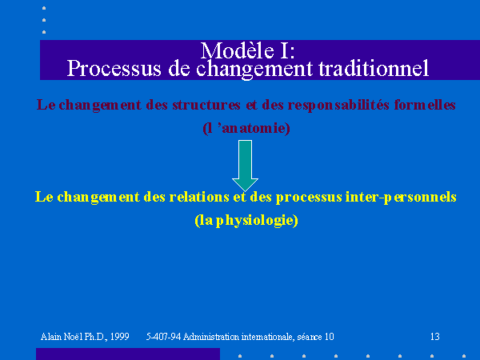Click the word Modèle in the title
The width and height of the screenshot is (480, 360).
238,50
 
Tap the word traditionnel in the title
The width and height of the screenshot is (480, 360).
374,69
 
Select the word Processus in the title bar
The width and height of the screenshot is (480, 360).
114,69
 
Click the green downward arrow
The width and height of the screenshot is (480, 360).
245,166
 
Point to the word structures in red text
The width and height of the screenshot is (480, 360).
206,105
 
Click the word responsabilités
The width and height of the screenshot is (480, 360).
338,106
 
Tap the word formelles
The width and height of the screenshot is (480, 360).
425,105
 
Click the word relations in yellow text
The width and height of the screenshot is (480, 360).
199,197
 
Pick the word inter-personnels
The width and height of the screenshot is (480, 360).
401,197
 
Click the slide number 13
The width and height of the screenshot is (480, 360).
435,337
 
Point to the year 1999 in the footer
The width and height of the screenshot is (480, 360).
119,337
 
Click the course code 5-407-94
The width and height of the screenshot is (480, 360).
163,337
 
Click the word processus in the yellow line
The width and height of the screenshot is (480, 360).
309,198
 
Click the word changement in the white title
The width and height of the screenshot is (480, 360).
254,69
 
